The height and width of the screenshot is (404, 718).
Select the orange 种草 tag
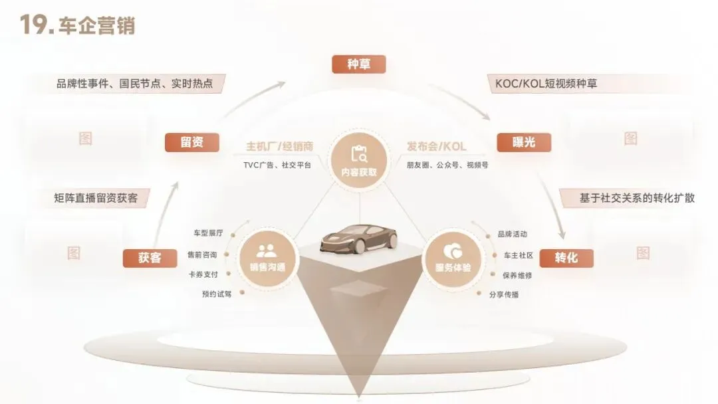pos(358,64)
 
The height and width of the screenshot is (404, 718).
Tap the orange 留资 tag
pos(192,142)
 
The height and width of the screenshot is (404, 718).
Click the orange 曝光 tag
pos(524,142)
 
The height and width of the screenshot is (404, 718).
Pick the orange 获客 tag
pos(150,257)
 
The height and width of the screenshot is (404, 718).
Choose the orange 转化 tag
pos(566,257)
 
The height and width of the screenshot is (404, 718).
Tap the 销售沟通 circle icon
pos(267,256)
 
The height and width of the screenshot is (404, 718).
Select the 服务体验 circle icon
pos(452,256)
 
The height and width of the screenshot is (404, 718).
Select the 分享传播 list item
pos(503,294)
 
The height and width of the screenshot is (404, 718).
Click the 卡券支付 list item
pos(203,274)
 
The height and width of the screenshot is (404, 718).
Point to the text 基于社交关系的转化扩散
pos(628,197)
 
